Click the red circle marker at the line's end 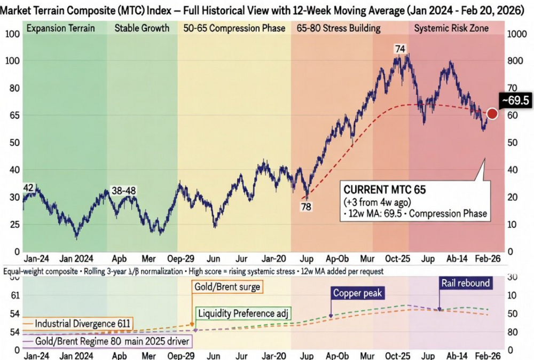coord(492,113)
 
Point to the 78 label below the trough coord(305,207)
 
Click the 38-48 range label coord(123,191)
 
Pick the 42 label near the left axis coord(28,187)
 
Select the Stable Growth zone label coord(142,28)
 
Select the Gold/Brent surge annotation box coord(227,287)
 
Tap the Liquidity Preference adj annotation coord(244,312)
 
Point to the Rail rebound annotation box coord(465,284)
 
